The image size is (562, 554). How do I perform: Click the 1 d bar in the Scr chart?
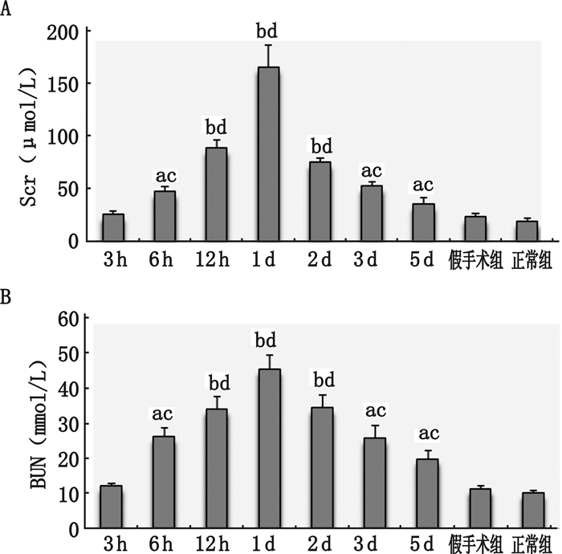coord(268,153)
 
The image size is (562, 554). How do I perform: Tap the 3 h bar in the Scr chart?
coord(113,227)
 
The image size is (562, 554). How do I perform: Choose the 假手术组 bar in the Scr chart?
coord(475,229)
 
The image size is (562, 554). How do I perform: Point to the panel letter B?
coord(7,299)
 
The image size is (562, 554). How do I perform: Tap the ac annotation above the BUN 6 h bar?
coord(164,415)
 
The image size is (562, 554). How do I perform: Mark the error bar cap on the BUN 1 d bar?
coord(269,355)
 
